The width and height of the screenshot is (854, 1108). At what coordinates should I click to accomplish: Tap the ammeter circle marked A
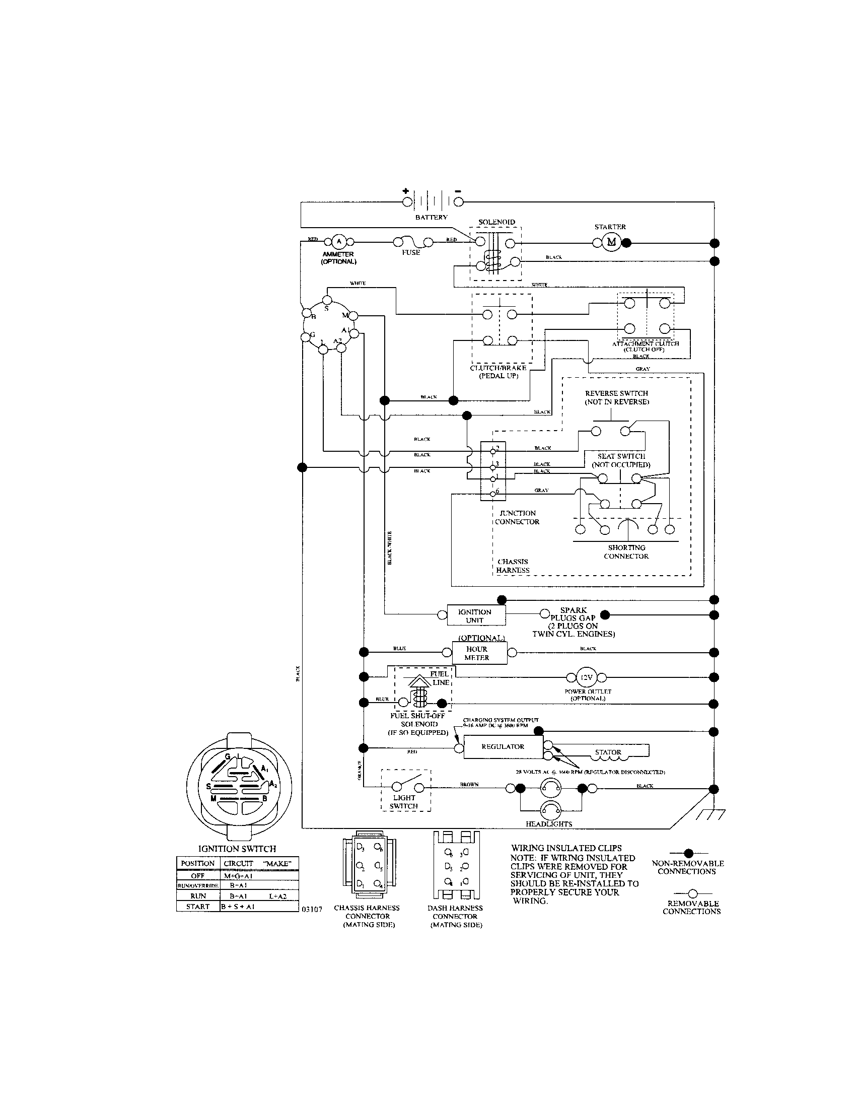(x=339, y=241)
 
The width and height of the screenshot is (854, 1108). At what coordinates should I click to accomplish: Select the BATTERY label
(x=431, y=217)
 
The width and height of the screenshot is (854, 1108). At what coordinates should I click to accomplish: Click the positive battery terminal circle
(x=407, y=202)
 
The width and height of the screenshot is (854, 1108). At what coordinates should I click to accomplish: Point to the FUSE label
(x=411, y=252)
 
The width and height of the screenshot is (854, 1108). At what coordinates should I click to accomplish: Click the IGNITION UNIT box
(x=475, y=615)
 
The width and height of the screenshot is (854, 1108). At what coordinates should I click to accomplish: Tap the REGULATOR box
(x=503, y=747)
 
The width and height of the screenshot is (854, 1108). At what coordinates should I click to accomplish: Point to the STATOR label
(x=608, y=752)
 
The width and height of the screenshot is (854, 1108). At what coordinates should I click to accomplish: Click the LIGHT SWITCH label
(x=404, y=802)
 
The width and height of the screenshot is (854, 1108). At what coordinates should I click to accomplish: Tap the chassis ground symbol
(x=710, y=814)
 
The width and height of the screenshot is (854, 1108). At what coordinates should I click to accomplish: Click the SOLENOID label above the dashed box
(x=496, y=222)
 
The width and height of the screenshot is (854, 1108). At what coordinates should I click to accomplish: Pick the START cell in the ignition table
(x=198, y=906)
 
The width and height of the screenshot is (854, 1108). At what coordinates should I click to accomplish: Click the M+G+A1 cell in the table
(x=238, y=876)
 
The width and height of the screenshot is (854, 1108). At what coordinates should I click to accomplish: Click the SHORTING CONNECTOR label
(x=626, y=552)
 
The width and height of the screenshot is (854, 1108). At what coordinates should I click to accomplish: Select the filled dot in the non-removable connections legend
(x=688, y=853)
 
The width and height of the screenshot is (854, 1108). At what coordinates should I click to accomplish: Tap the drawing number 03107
(x=311, y=910)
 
